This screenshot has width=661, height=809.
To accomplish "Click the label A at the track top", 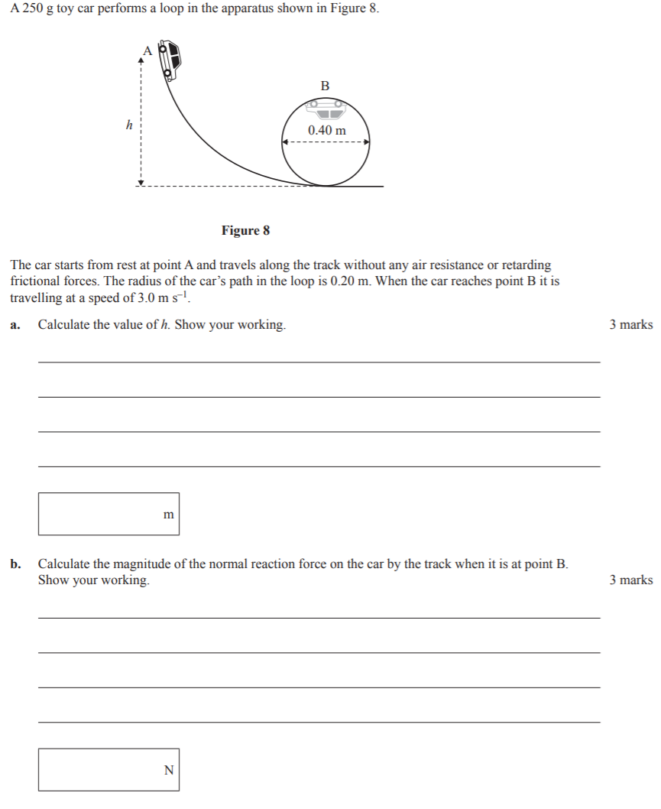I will tap(147, 50).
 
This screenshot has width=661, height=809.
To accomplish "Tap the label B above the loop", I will tap(325, 86).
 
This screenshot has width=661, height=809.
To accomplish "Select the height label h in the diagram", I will tap(129, 123).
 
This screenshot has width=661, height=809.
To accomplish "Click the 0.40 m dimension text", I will tap(326, 130).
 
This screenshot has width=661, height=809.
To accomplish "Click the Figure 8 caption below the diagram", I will tap(245, 230).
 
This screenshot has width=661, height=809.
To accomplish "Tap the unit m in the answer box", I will tap(169, 515).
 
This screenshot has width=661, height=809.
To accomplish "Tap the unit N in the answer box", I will tap(169, 770).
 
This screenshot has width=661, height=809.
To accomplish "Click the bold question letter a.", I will tap(15, 326).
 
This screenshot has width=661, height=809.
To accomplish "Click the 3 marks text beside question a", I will tap(630, 325).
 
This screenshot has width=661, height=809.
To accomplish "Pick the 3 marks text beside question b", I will tap(630, 580).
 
